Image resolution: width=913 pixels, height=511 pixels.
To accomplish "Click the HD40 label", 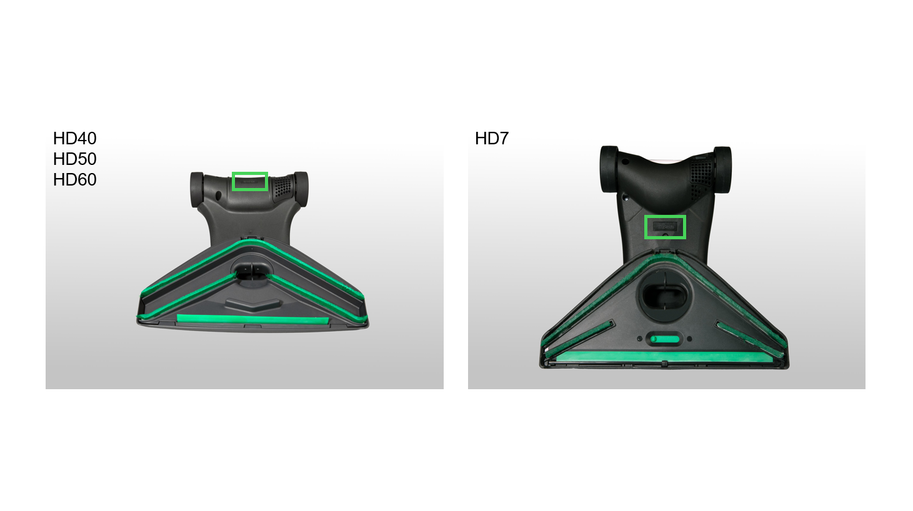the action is pyautogui.click(x=74, y=139).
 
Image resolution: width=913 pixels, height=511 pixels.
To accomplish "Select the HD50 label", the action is pyautogui.click(x=74, y=159).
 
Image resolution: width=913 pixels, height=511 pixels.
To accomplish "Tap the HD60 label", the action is pyautogui.click(x=74, y=180).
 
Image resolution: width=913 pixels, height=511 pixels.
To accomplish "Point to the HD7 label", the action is pyautogui.click(x=492, y=139).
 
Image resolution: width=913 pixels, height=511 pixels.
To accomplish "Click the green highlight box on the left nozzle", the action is pyautogui.click(x=250, y=173).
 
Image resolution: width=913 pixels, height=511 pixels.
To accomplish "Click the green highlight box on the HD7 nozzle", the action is pyautogui.click(x=665, y=216).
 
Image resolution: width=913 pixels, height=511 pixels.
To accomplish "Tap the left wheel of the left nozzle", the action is pyautogui.click(x=197, y=189).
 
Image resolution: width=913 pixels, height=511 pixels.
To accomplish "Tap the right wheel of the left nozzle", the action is pyautogui.click(x=302, y=189).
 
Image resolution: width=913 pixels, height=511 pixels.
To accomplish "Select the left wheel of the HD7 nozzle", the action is pyautogui.click(x=609, y=169).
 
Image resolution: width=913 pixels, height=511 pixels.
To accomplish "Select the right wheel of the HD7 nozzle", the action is pyautogui.click(x=722, y=170).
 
